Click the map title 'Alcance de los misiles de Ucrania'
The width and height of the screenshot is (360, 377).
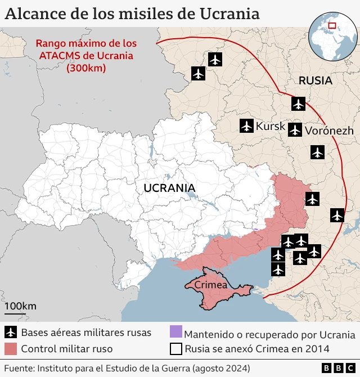[x=132, y=14]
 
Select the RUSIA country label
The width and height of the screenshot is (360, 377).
[x=315, y=80]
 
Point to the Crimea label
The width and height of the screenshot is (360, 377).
[x=210, y=285]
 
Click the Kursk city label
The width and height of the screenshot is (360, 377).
[x=271, y=127]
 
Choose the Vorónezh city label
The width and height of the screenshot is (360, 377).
[x=329, y=131]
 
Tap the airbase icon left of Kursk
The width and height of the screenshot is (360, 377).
[x=246, y=126]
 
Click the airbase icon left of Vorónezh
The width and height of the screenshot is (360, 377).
[x=295, y=130]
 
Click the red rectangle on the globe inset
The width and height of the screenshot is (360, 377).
[x=332, y=25]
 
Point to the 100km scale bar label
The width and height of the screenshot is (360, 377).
[x=20, y=306]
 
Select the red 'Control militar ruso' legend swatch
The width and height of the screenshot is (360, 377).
[x=10, y=349]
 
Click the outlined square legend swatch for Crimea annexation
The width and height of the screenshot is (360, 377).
[x=176, y=349]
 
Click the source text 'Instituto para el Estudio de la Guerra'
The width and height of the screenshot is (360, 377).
[x=112, y=368]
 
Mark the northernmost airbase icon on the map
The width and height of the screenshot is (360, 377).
[x=215, y=59]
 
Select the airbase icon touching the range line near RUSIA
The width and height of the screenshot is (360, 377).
[x=298, y=104]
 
